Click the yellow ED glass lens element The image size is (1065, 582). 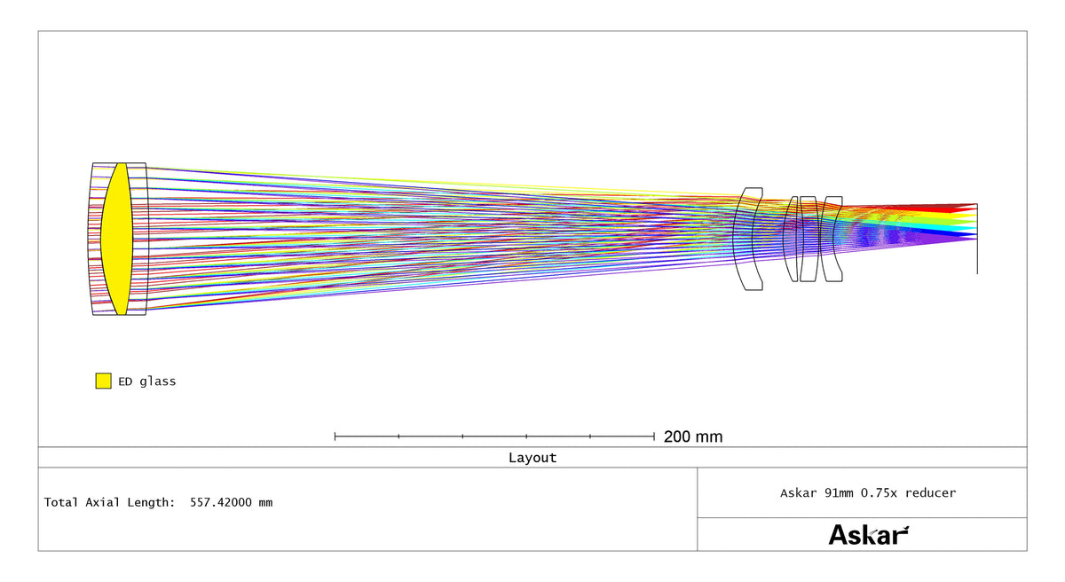tap(116, 239)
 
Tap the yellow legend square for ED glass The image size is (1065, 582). tap(103, 381)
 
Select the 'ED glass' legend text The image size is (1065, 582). tap(147, 381)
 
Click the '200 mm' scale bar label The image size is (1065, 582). tap(693, 436)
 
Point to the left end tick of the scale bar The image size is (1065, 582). tap(335, 436)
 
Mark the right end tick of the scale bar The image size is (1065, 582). tap(654, 436)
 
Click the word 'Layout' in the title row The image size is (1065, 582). tap(532, 458)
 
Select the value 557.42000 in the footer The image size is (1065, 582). tap(221, 502)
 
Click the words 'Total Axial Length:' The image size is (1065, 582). tap(110, 502)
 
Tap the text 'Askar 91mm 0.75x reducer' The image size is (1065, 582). tap(868, 493)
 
